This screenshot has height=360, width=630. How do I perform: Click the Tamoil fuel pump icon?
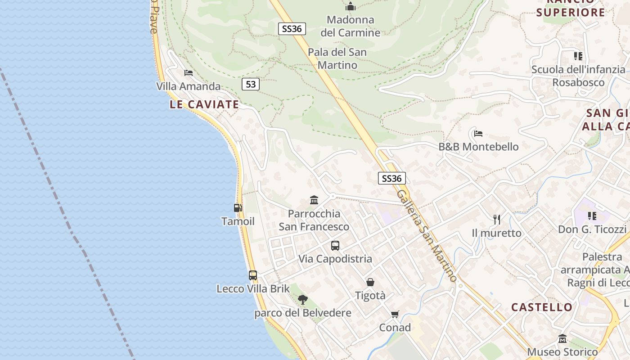pyautogui.click(x=238, y=207)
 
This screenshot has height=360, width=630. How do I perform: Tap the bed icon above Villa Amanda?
pyautogui.click(x=189, y=72)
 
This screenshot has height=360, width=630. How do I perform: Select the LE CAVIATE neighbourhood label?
pyautogui.click(x=204, y=104)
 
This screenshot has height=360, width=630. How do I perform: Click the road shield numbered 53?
pyautogui.click(x=251, y=84)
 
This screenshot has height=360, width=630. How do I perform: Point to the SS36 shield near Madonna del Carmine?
pyautogui.click(x=292, y=29)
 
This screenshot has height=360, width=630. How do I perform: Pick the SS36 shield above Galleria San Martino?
pyautogui.click(x=391, y=178)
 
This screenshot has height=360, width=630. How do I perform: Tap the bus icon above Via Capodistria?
pyautogui.click(x=335, y=245)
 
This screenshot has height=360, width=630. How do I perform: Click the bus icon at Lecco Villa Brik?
pyautogui.click(x=253, y=275)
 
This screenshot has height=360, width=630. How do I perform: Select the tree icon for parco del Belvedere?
pyautogui.click(x=303, y=299)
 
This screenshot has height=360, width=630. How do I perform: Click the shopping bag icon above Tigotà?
pyautogui.click(x=370, y=282)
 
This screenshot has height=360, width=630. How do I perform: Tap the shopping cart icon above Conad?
pyautogui.click(x=395, y=314)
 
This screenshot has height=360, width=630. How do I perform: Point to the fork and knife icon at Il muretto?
pyautogui.click(x=497, y=219)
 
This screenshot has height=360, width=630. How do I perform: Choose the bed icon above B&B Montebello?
pyautogui.click(x=478, y=133)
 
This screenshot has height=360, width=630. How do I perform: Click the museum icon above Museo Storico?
pyautogui.click(x=562, y=338)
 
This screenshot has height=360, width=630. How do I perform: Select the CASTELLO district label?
pyautogui.click(x=542, y=307)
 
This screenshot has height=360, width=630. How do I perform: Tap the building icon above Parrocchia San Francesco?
pyautogui.click(x=314, y=200)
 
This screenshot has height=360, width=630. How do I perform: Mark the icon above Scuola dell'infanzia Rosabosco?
pyautogui.click(x=578, y=56)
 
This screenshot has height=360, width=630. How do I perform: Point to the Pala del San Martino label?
pyautogui.click(x=337, y=58)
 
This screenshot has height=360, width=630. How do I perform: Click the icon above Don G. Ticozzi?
pyautogui.click(x=592, y=216)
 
